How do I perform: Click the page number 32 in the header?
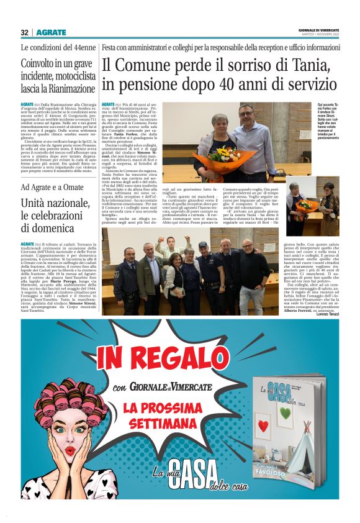click(x=24, y=32)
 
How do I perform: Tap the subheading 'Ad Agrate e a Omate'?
click(x=52, y=187)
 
